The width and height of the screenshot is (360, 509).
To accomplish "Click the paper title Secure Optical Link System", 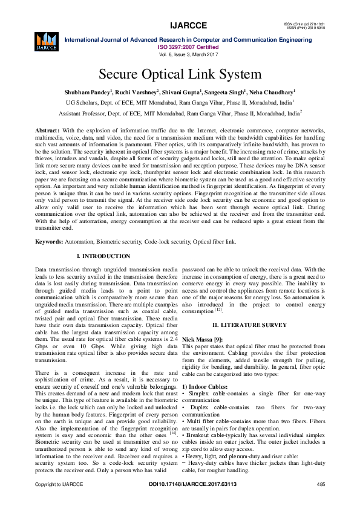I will [180, 75].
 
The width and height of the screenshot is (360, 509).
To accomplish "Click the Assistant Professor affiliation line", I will [180, 113].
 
